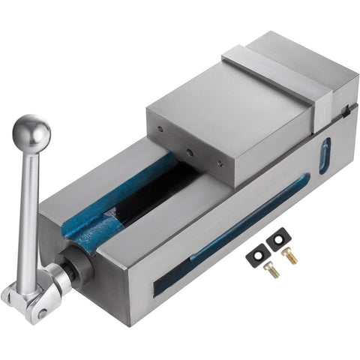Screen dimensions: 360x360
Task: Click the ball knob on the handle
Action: (31, 133)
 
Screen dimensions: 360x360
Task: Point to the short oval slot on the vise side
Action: (324, 156)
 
